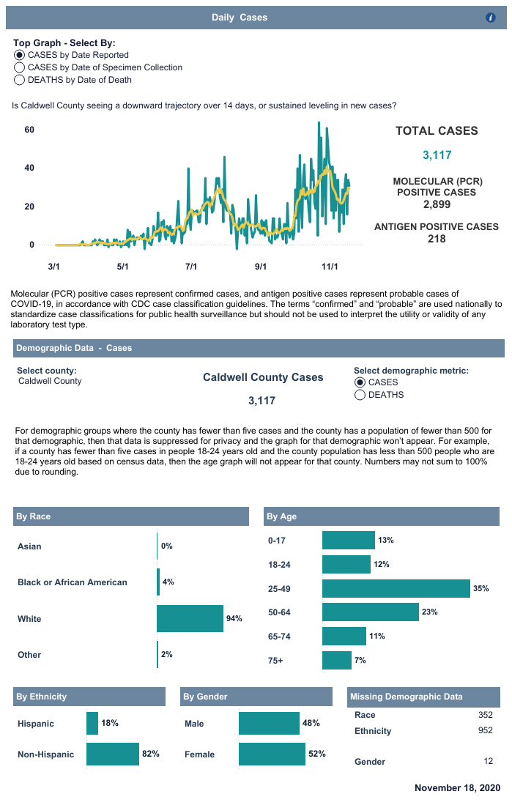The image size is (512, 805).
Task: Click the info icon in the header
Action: click(x=491, y=18)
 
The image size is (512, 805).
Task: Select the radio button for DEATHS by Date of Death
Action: click(x=20, y=80)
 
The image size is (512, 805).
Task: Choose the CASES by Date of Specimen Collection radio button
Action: click(x=20, y=67)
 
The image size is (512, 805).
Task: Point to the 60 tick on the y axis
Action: click(x=30, y=130)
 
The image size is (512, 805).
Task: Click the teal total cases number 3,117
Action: click(x=437, y=155)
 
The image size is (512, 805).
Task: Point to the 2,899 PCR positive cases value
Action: click(x=437, y=204)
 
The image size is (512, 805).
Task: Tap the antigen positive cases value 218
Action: click(x=437, y=238)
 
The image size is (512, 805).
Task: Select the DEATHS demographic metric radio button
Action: click(x=360, y=395)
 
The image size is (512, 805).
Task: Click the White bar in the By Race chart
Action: click(x=190, y=619)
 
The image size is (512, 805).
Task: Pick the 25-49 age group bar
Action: click(x=396, y=588)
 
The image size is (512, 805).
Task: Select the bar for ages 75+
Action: click(x=336, y=660)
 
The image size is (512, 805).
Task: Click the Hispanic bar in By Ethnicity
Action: click(x=92, y=723)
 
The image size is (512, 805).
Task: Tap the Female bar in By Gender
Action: click(x=272, y=754)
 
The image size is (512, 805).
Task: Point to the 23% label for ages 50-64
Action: click(x=429, y=612)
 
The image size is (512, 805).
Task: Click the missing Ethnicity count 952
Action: click(x=485, y=730)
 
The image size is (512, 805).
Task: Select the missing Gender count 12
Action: click(x=488, y=761)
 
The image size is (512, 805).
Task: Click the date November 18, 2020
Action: click(x=457, y=788)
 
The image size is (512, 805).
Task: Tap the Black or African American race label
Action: click(x=73, y=582)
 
